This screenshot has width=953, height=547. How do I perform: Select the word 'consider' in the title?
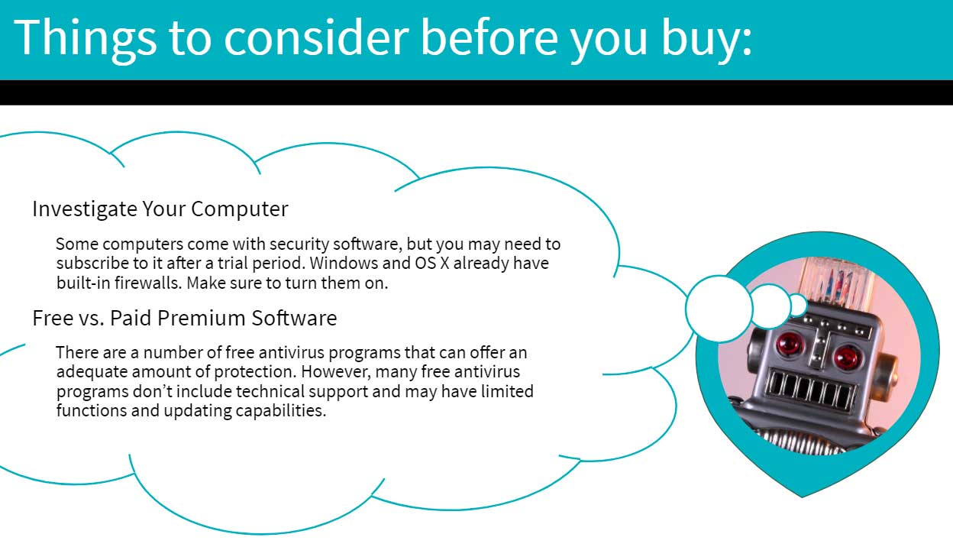pyautogui.click(x=316, y=38)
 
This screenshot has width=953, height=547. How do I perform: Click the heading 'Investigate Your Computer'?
pyautogui.click(x=160, y=209)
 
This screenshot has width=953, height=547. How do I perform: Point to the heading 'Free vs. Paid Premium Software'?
pyautogui.click(x=185, y=318)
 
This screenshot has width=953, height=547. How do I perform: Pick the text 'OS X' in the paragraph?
pyautogui.click(x=432, y=263)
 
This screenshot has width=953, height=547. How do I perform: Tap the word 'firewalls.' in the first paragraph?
pyautogui.click(x=148, y=283)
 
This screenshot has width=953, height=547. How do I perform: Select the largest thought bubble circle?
pyautogui.click(x=719, y=309)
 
